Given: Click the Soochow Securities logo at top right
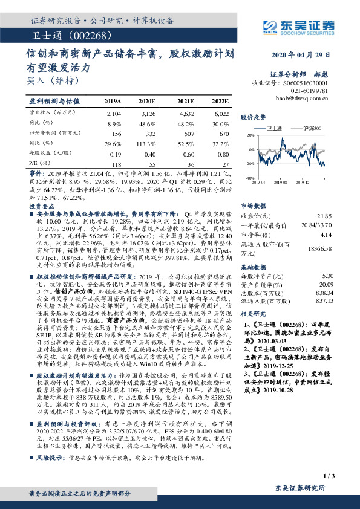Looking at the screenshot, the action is coord(298,26).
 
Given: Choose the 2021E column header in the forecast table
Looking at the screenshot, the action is coord(186,102).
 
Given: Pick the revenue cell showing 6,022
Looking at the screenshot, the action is coord(220,113).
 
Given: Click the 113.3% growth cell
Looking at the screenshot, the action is coord(149,143).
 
